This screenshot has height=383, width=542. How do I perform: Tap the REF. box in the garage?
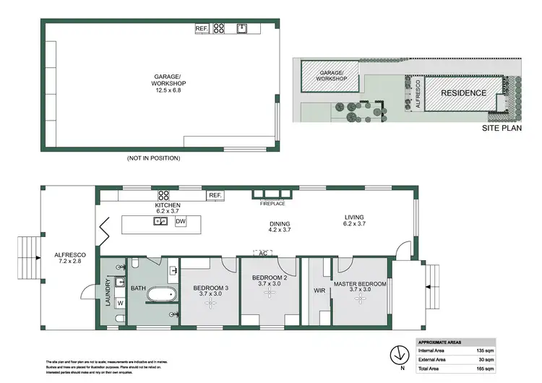pyautogui.click(x=202, y=29)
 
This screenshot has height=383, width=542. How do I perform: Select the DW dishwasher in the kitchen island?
pyautogui.click(x=181, y=221)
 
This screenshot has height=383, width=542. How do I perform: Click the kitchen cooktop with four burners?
pyautogui.click(x=163, y=194)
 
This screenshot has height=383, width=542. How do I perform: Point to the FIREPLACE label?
pyautogui.click(x=272, y=204)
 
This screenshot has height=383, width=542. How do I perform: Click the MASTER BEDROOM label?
pyautogui.click(x=359, y=286)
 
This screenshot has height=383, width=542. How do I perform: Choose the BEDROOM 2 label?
pyautogui.click(x=270, y=281)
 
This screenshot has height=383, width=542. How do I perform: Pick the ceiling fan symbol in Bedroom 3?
pyautogui.click(x=210, y=304)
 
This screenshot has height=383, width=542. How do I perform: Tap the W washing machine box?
pyautogui.click(x=120, y=304)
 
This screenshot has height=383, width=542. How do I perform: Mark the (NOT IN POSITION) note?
pyautogui.click(x=153, y=158)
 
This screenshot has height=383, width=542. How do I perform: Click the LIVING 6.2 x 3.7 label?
pyautogui.click(x=354, y=222)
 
